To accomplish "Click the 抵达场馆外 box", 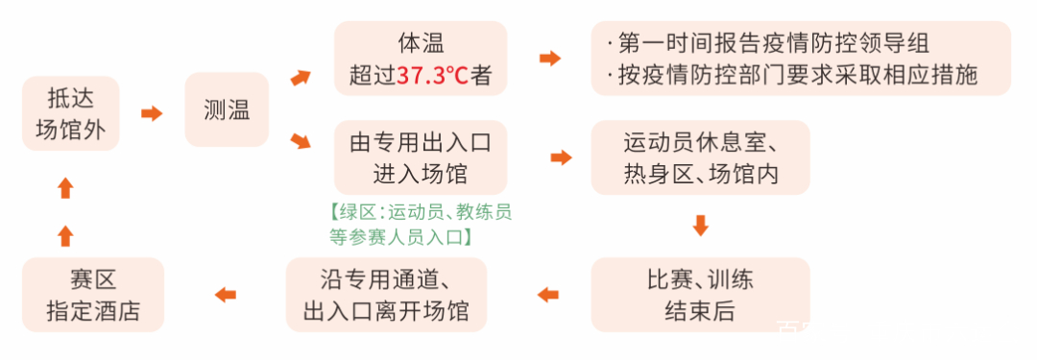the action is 70,113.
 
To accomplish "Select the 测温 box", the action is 227,110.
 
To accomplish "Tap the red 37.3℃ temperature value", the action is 432,75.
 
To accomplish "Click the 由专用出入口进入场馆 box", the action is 420,157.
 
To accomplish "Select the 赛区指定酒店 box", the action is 92,295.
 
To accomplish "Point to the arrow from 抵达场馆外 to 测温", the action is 152,113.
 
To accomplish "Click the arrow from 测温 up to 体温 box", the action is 301,77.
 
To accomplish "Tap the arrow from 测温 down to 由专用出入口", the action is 301,143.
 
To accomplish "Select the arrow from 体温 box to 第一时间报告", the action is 549,59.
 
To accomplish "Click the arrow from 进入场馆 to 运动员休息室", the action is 561,157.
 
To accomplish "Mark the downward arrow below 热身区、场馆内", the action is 700,227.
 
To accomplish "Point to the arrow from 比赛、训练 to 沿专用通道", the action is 547,295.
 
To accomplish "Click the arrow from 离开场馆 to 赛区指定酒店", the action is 225,295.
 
